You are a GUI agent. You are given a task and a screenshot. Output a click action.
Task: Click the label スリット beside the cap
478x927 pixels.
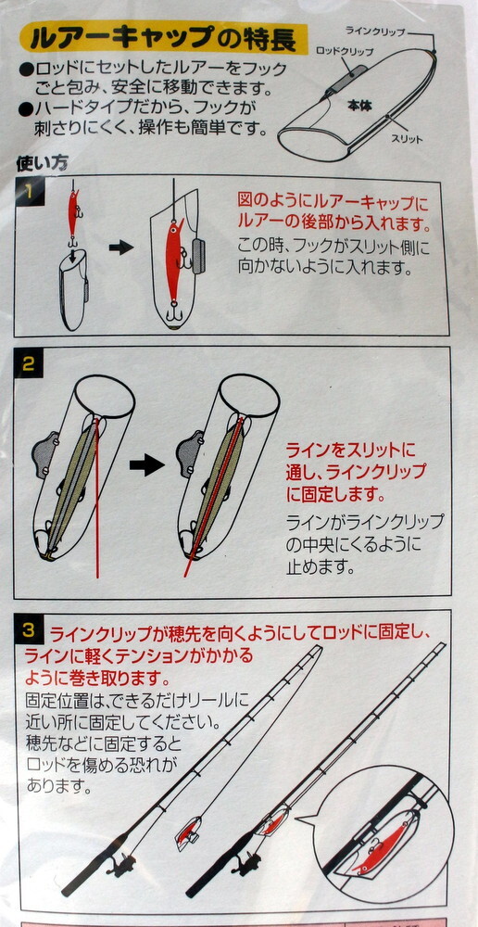(407, 140)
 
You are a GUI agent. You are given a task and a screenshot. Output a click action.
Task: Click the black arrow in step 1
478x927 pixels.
(120, 248)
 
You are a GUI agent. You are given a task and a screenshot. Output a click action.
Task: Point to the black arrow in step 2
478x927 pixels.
(146, 465)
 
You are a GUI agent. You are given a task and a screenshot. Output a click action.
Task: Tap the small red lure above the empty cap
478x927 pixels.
(72, 211)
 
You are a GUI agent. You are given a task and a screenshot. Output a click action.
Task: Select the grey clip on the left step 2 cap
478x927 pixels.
(44, 452)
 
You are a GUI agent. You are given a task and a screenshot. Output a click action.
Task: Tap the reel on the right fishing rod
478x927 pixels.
(246, 863)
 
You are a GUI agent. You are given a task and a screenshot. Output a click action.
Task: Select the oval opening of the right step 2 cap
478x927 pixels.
(249, 395)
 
